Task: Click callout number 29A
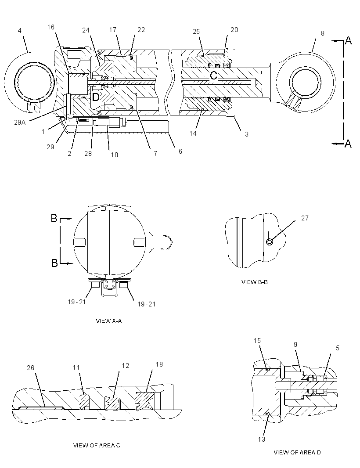tap(20, 122)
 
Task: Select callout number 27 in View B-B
tap(305, 218)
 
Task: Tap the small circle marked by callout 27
tap(270, 242)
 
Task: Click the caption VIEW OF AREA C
tap(97, 445)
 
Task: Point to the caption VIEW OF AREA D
tap(297, 453)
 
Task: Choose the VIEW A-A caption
tap(108, 321)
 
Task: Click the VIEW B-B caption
tap(254, 282)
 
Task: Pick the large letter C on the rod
tap(214, 75)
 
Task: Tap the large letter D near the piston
tap(95, 97)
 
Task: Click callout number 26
tap(31, 368)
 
